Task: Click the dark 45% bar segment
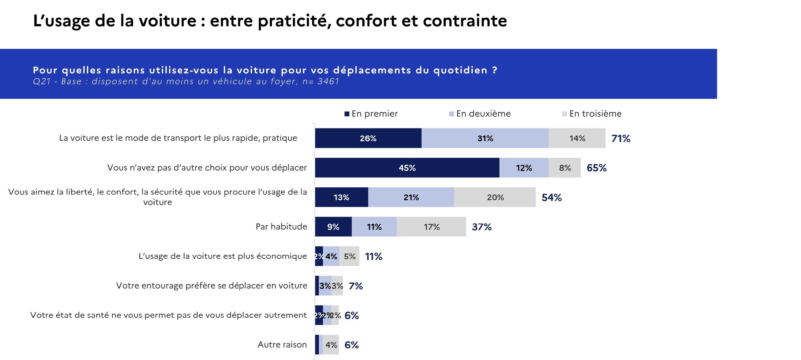click(x=407, y=168)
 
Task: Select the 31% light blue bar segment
click(x=485, y=138)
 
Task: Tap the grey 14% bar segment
click(x=577, y=138)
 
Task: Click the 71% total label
click(x=621, y=138)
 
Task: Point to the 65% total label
click(x=596, y=168)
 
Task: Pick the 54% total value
click(x=552, y=197)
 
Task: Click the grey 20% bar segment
click(x=495, y=197)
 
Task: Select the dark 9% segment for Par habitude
click(x=333, y=227)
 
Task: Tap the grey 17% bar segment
click(x=432, y=227)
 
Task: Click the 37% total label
click(x=481, y=227)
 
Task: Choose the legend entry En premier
click(x=371, y=114)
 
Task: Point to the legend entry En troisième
click(x=592, y=114)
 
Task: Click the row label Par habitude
click(x=281, y=227)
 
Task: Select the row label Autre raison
click(x=282, y=344)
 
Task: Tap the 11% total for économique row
click(x=373, y=256)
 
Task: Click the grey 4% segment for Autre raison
click(x=331, y=345)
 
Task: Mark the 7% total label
click(x=355, y=286)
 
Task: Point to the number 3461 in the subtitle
click(x=328, y=81)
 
